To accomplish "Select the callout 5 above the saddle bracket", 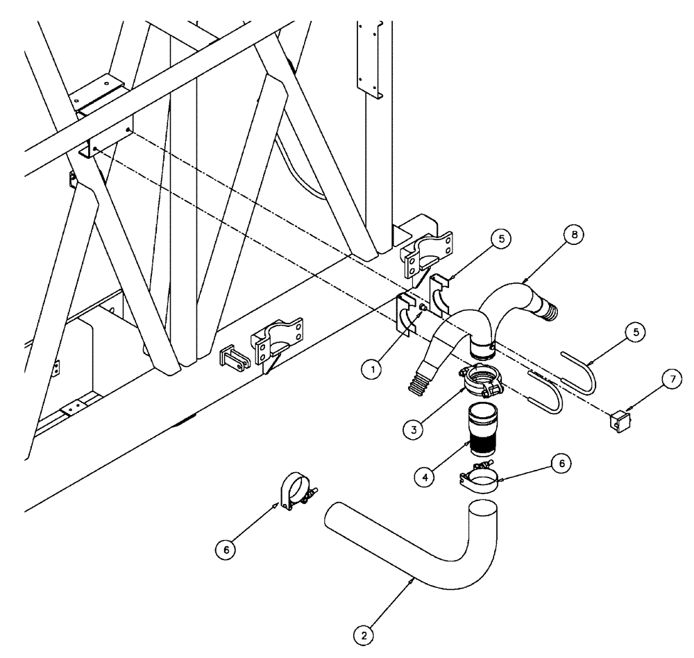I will (x=502, y=239).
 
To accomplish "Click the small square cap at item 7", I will (x=616, y=421).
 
